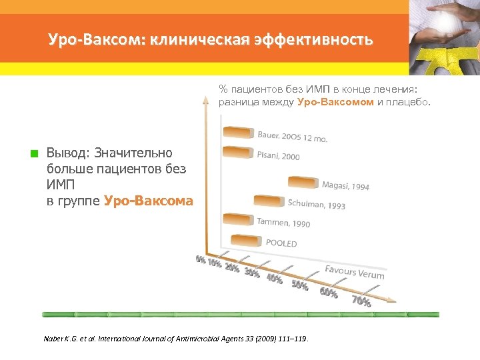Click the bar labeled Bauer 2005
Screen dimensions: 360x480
pyautogui.click(x=237, y=131)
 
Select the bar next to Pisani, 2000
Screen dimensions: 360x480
pyautogui.click(x=237, y=153)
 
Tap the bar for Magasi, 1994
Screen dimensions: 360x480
pyautogui.click(x=303, y=182)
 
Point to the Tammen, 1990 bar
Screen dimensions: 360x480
pyautogui.click(x=238, y=219)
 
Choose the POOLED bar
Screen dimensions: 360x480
pyautogui.click(x=246, y=240)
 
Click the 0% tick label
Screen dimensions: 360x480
pyautogui.click(x=200, y=259)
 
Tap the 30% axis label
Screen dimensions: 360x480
pyautogui.click(x=252, y=273)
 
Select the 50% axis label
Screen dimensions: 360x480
pyautogui.click(x=299, y=285)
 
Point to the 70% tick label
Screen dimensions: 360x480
pyautogui.click(x=361, y=301)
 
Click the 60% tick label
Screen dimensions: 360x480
pyautogui.click(x=329, y=293)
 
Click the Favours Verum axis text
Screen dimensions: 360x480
pyautogui.click(x=354, y=272)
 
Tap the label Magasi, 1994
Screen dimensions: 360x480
pyautogui.click(x=345, y=186)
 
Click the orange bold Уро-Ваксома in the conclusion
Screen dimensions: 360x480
pyautogui.click(x=149, y=201)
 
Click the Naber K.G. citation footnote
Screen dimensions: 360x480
pyautogui.click(x=176, y=339)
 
